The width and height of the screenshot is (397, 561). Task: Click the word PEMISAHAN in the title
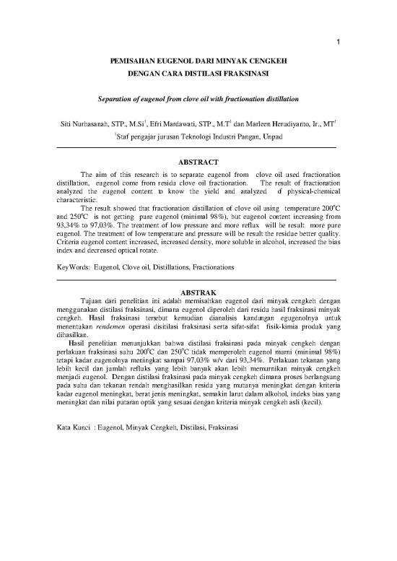(133, 63)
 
